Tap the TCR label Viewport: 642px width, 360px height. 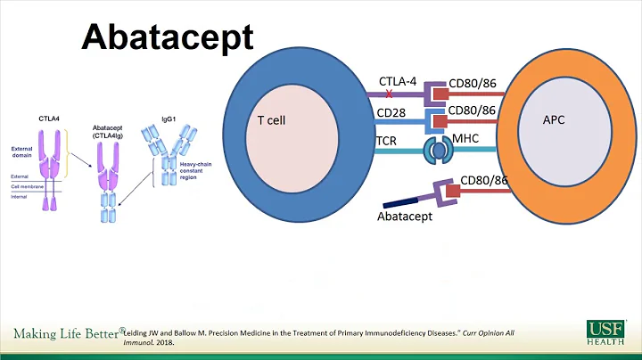386,141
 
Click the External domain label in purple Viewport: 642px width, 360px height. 24,152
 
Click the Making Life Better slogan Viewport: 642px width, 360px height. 66,333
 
